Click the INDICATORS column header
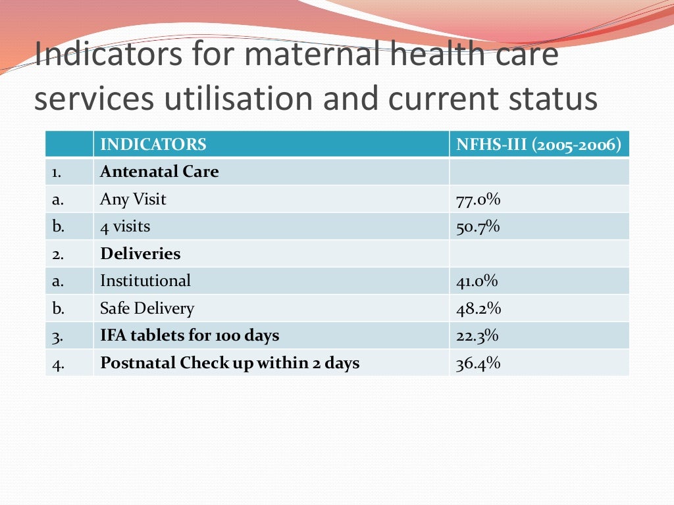[153, 145]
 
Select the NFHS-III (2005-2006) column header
[538, 145]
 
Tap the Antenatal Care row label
[159, 172]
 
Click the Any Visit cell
[133, 199]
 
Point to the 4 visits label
[125, 227]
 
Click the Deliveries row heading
[140, 254]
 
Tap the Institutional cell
[145, 281]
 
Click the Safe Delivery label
[147, 308]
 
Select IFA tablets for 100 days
[190, 335]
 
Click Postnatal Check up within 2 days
[230, 363]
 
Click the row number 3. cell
[57, 336]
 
